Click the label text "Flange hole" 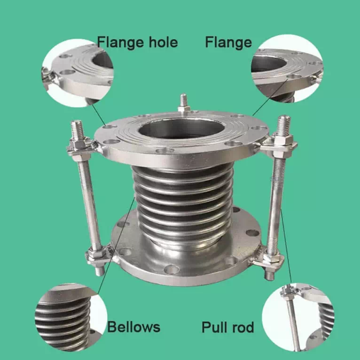(137, 42)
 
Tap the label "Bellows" (133, 327)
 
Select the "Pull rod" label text (227, 328)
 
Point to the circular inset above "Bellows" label (70, 318)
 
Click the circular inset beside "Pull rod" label (298, 318)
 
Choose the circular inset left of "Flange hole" (78, 73)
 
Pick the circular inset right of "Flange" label (287, 69)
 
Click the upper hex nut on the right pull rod (283, 140)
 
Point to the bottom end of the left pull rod (100, 272)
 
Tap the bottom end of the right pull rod (269, 276)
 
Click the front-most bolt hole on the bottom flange (171, 270)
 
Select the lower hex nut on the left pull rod (95, 253)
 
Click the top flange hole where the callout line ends (108, 127)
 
